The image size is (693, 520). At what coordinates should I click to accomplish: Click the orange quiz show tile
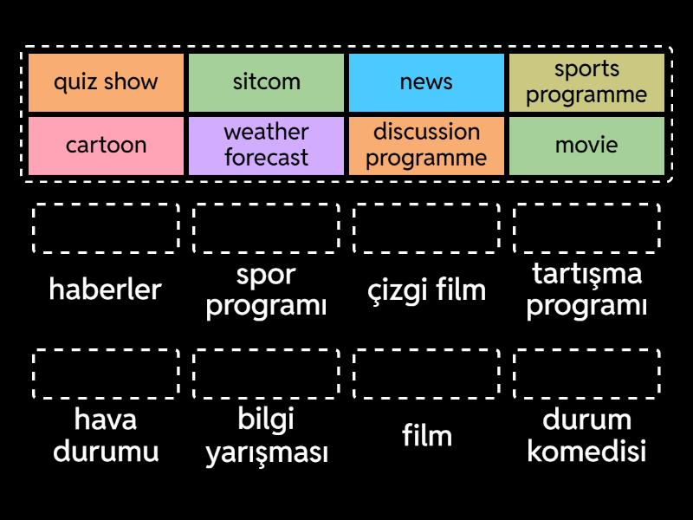pyautogui.click(x=106, y=82)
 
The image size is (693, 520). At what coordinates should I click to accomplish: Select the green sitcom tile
pyautogui.click(x=266, y=82)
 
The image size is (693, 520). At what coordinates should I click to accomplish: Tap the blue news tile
pyautogui.click(x=426, y=82)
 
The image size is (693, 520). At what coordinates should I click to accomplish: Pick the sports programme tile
pyautogui.click(x=586, y=82)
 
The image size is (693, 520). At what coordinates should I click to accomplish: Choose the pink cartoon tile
pyautogui.click(x=106, y=145)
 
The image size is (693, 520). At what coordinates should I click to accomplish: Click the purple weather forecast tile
pyautogui.click(x=266, y=145)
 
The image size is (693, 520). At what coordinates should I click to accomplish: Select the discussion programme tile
pyautogui.click(x=426, y=145)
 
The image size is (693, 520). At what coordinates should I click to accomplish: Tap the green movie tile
pyautogui.click(x=586, y=145)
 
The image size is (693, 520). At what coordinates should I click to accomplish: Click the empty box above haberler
pyautogui.click(x=106, y=229)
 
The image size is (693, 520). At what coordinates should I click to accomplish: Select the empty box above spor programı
pyautogui.click(x=266, y=229)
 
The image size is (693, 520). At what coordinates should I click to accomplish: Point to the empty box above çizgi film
pyautogui.click(x=426, y=229)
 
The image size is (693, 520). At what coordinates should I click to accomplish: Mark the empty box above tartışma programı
pyautogui.click(x=586, y=229)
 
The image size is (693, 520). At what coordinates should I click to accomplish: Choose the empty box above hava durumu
pyautogui.click(x=106, y=374)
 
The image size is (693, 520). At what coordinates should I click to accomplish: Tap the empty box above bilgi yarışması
pyautogui.click(x=266, y=374)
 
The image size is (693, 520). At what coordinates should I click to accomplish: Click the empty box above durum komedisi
pyautogui.click(x=586, y=374)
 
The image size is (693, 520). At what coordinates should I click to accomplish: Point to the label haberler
pyautogui.click(x=106, y=289)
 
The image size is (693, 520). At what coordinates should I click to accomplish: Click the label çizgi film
pyautogui.click(x=426, y=289)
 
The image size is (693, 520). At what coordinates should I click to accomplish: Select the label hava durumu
pyautogui.click(x=106, y=436)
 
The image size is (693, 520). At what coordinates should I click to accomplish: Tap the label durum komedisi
pyautogui.click(x=586, y=436)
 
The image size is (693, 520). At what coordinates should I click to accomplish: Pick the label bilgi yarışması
pyautogui.click(x=266, y=436)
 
